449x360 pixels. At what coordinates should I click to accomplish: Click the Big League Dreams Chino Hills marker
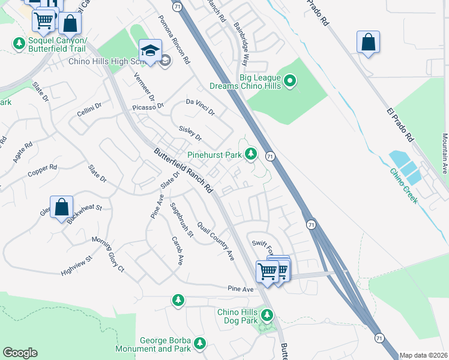[291, 80]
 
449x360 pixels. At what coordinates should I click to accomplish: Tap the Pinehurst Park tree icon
[251, 155]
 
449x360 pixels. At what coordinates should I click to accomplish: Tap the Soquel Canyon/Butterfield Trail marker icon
[18, 44]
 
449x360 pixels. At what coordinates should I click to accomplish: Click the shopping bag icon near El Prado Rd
[368, 43]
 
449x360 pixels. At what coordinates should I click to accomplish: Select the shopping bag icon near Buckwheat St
[61, 208]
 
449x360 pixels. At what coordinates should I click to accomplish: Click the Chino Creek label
[403, 185]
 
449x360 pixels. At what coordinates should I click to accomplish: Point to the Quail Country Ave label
[215, 238]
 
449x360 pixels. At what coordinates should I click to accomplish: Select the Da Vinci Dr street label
[200, 107]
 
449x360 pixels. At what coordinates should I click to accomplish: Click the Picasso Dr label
[148, 107]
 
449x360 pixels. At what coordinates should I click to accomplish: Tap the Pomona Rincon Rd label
[174, 41]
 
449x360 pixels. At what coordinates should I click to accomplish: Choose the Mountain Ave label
[444, 150]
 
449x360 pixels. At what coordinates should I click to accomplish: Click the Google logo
[20, 353]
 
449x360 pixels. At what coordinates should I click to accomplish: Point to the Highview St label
[76, 267]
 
